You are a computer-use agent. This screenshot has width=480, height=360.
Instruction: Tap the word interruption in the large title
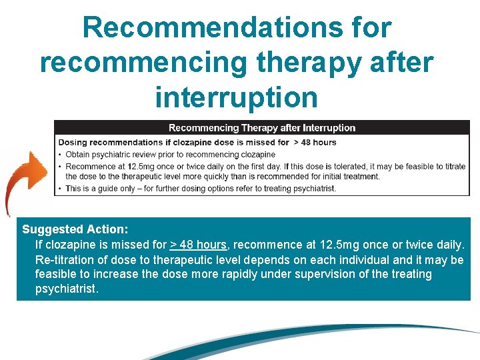(237, 97)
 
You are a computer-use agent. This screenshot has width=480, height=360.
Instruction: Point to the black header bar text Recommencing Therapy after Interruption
(261, 128)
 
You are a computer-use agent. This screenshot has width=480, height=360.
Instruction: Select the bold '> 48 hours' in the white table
(315, 142)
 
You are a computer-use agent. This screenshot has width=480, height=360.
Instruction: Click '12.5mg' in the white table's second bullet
(137, 166)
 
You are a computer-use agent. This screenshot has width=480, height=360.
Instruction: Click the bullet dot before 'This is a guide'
(60, 189)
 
